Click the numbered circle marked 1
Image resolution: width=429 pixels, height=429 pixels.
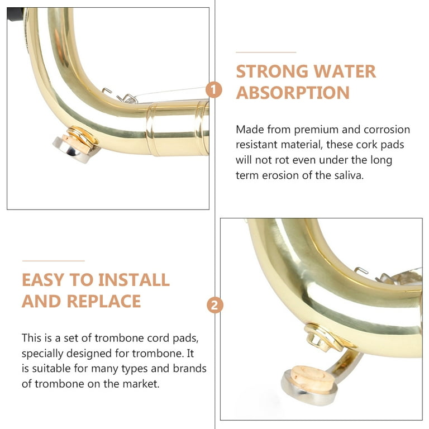tap(214, 90)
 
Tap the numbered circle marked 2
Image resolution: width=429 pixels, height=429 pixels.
tap(214, 306)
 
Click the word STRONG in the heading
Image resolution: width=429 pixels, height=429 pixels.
tap(272, 71)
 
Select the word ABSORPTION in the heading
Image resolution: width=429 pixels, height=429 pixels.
tap(293, 93)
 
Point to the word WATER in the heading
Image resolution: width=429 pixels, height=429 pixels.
tap(345, 71)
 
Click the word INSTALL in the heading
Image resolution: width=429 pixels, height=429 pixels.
tap(134, 280)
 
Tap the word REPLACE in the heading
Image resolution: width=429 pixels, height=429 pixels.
tap(104, 301)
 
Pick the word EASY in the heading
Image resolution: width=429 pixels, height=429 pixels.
tap(42, 280)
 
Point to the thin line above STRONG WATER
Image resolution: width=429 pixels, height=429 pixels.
tap(266, 52)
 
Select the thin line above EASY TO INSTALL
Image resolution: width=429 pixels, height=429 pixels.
tap(54, 261)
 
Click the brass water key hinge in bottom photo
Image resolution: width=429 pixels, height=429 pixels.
tap(325, 339)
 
